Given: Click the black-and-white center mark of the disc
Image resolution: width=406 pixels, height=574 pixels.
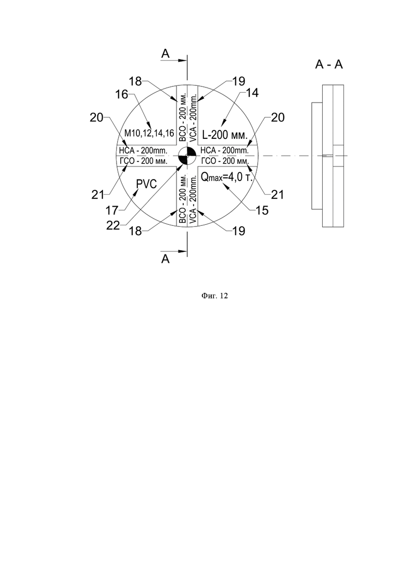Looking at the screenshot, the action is (x=187, y=156).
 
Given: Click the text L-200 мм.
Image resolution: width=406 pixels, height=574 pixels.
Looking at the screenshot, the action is (x=225, y=135).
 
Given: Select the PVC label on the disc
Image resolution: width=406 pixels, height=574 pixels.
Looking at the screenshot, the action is (x=146, y=184).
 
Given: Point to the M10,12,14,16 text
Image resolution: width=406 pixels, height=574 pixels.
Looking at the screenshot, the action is (x=149, y=133).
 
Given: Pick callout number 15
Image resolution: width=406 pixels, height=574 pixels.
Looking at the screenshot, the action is (x=261, y=210).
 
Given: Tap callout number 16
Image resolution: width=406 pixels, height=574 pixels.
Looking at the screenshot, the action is (x=122, y=94).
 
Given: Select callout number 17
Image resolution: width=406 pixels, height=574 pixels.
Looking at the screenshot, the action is (x=112, y=210).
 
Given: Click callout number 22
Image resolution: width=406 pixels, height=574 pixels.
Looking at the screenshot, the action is (x=113, y=225).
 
